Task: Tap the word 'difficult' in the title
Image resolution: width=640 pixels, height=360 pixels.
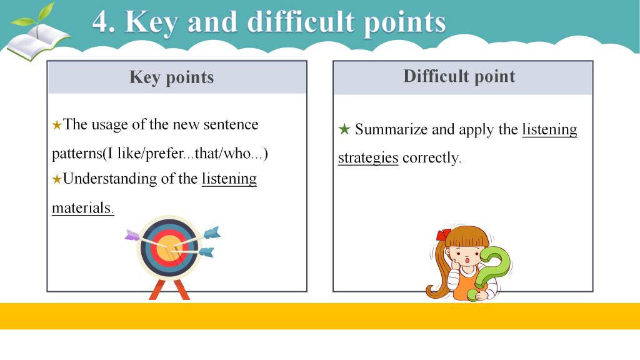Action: [301, 21]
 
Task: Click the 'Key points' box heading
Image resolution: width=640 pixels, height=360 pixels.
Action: [171, 77]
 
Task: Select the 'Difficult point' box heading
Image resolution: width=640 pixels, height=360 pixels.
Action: [459, 76]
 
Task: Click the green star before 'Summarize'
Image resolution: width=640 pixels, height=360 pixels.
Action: [344, 129]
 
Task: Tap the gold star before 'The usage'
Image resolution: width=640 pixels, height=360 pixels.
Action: [57, 125]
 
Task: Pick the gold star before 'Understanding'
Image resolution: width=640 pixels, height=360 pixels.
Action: [57, 179]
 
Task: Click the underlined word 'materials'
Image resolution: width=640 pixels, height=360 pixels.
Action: [82, 207]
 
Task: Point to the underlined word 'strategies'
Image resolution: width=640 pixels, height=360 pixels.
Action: [368, 157]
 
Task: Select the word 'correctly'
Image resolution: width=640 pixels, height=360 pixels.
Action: [431, 157]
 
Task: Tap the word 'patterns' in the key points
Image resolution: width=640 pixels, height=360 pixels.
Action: [77, 154]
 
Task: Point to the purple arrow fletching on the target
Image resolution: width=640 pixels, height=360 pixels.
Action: [132, 235]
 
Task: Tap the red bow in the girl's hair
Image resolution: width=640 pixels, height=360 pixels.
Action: [443, 235]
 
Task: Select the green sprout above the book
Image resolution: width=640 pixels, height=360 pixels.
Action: [34, 17]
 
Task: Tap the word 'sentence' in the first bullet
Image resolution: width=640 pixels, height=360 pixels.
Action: [231, 124]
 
